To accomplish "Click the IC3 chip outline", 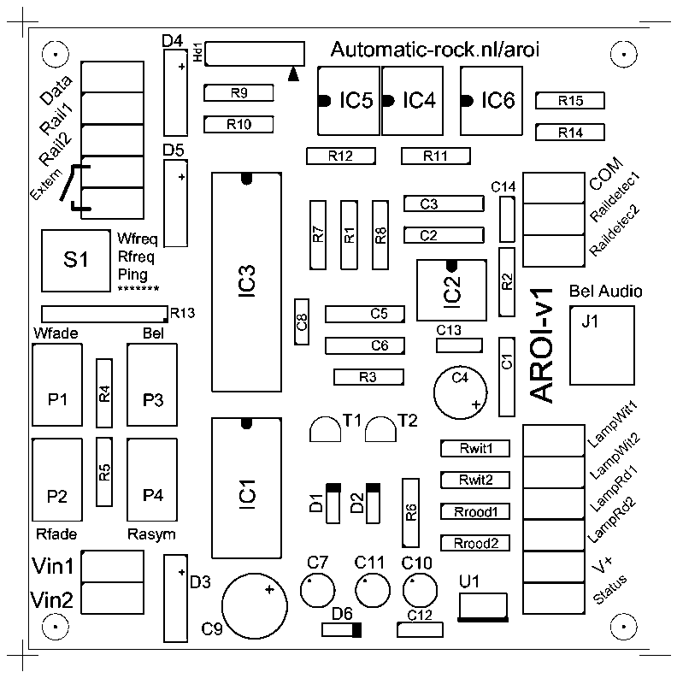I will point(247,282).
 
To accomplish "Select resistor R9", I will point(238,92).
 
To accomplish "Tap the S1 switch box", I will point(77,261).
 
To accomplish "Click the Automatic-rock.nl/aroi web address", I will point(434,50).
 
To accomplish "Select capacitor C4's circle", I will point(460,392).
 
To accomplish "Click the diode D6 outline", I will point(341,630).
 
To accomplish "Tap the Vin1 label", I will point(52,566).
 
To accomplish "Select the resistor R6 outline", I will point(411,512).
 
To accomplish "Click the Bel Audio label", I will point(605,292).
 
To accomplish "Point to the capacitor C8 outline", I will point(301,322).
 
